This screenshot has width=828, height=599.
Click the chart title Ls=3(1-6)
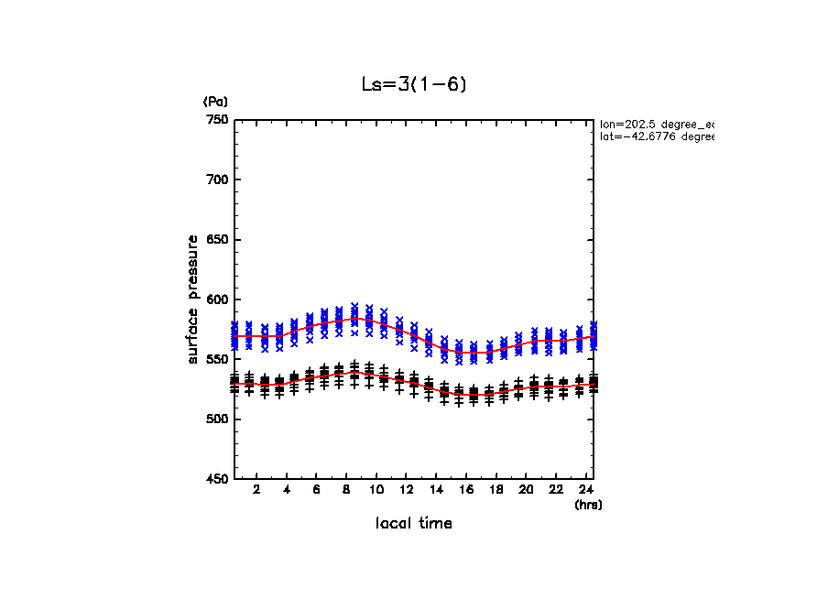coord(414,85)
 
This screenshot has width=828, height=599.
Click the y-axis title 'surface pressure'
coord(193,299)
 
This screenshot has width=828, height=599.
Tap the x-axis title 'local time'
coord(413,523)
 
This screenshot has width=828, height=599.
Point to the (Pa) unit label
coord(215,102)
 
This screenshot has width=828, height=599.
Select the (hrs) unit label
coord(587,505)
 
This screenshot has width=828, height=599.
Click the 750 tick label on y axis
coord(217,120)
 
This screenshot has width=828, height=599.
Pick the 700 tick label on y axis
coord(217,180)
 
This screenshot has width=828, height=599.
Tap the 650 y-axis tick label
coord(217,240)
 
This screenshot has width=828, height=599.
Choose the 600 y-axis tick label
coord(217,299)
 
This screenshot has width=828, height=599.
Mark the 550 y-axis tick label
coord(217,360)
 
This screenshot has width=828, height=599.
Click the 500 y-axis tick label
coord(217,419)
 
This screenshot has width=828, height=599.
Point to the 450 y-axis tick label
coord(217,479)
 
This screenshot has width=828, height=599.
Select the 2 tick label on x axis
coord(256,490)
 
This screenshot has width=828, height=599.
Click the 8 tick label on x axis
coord(346,490)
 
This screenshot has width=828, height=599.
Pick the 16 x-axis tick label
coord(466,490)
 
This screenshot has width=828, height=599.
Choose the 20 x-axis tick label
coord(526,490)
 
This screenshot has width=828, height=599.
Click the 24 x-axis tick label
coord(585,490)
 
